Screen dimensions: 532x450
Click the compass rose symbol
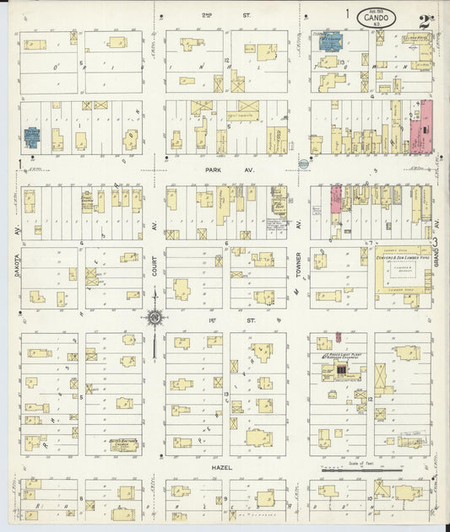pos(155,317)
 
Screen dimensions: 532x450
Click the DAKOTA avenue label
pos(16,268)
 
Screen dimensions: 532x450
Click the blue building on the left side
pos(32,136)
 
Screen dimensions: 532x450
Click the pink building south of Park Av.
pos(335,199)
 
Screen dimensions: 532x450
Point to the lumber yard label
pos(401,260)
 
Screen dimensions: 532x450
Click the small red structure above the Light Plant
pos(338,337)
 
